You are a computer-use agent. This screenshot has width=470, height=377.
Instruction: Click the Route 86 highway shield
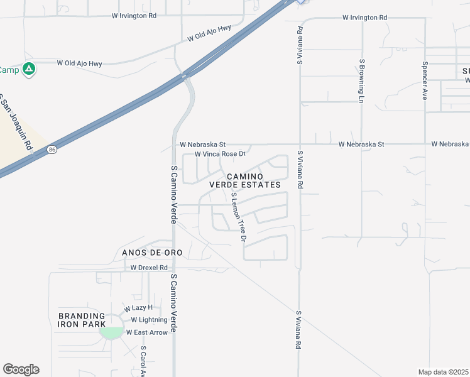[x=52, y=150]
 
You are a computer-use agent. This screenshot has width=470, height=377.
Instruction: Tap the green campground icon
[x=29, y=69]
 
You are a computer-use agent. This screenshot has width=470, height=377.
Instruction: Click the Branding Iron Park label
[x=82, y=320]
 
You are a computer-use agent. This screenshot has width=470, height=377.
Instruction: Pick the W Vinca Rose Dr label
[x=219, y=154]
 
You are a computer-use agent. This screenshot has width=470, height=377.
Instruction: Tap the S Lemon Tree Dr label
[x=238, y=217]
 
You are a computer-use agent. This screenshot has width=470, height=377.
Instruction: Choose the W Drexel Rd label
[x=149, y=268]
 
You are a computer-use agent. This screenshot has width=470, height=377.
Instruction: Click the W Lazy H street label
[x=138, y=308]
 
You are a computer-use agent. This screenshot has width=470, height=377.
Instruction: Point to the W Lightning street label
[x=149, y=320]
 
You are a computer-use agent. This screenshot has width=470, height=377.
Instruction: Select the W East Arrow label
[x=147, y=332]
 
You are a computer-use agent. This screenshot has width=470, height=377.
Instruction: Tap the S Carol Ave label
[x=144, y=361]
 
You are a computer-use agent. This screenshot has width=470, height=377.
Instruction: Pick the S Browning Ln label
[x=362, y=80]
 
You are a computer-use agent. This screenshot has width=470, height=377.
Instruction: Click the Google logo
[x=21, y=369]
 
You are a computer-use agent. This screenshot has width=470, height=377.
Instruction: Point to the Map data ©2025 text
[x=443, y=372]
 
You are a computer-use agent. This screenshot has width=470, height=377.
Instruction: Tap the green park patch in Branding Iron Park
[x=112, y=333]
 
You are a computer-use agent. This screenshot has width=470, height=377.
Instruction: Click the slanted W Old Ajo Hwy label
[x=209, y=33]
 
